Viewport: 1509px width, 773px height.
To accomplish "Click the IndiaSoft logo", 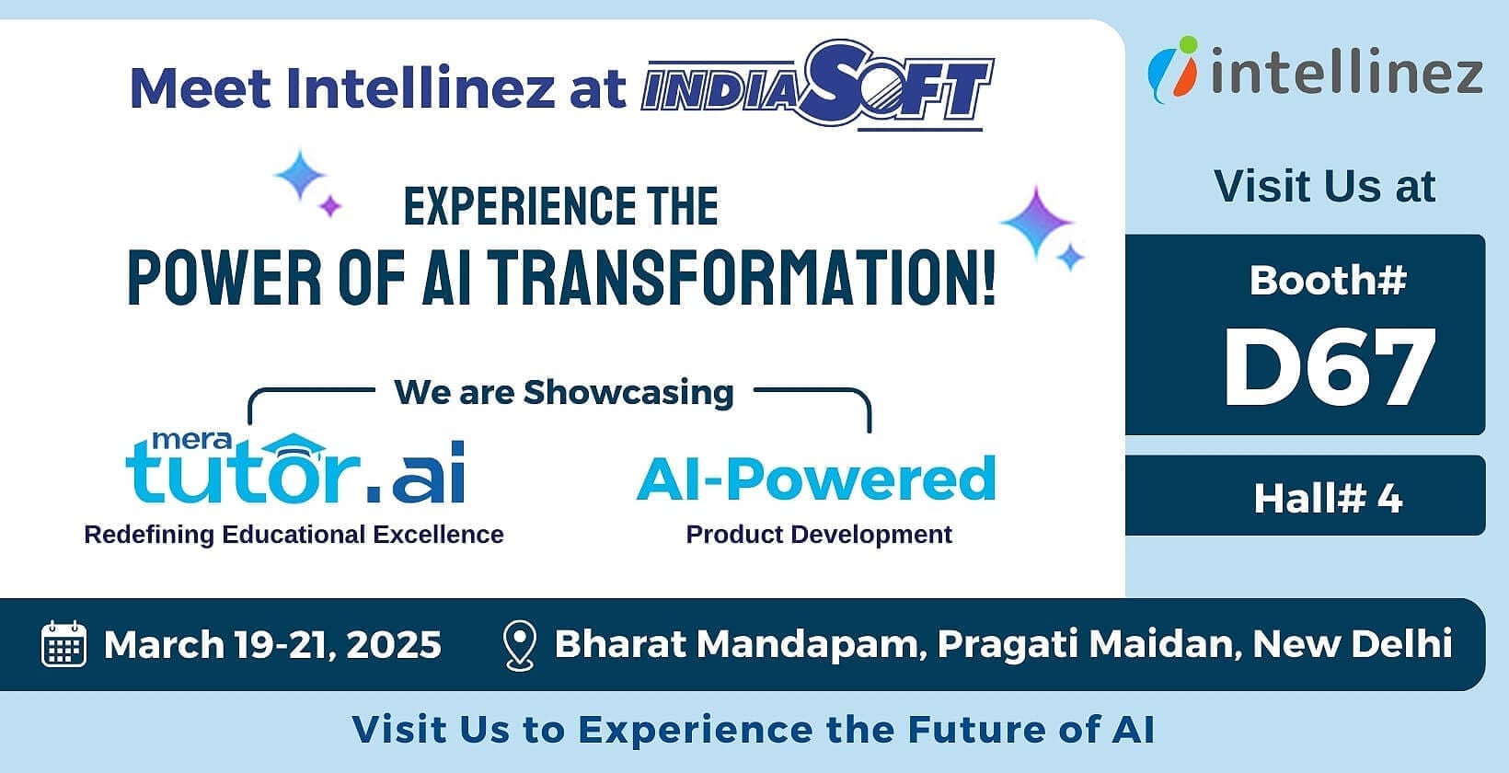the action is tap(817, 85).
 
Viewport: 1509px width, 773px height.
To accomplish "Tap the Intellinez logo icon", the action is tap(1173, 69).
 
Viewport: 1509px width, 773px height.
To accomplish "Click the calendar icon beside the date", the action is tap(64, 644).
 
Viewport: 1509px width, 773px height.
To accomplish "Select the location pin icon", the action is tap(520, 646).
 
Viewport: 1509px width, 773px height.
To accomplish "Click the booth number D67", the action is tap(1329, 367).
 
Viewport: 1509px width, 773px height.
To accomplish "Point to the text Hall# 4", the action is tap(1328, 500).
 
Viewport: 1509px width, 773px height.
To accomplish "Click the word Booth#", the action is tap(1328, 280).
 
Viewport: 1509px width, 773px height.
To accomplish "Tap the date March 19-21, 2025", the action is tap(272, 645).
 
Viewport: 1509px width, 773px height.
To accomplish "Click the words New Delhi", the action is tap(1352, 643).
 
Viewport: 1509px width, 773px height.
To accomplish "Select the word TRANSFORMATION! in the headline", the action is tap(742, 278).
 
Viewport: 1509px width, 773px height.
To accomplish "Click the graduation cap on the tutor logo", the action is tap(294, 444).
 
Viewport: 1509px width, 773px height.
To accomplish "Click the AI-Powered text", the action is tap(816, 479).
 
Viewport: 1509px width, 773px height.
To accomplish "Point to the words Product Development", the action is tap(819, 535).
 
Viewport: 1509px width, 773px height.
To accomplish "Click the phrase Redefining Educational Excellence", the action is tap(294, 535).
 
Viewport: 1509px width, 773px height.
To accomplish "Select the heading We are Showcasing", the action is tap(564, 392).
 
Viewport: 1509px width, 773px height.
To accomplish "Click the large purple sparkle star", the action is tap(1037, 222).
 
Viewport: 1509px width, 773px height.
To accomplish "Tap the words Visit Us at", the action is tap(1325, 186).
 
